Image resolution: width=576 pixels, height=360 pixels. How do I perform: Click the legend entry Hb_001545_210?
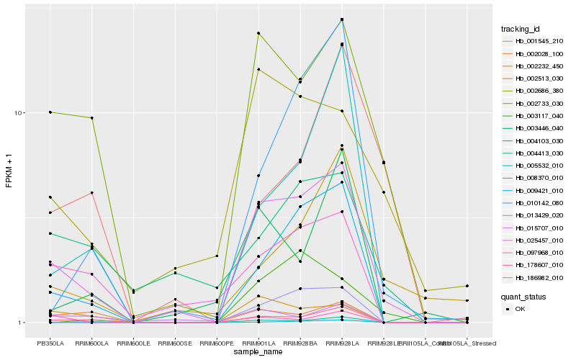tap(539, 41)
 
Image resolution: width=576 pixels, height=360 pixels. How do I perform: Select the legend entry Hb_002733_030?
tap(539, 103)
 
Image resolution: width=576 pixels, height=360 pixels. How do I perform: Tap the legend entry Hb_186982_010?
tap(539, 277)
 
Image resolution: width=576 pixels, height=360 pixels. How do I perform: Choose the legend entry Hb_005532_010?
tap(539, 165)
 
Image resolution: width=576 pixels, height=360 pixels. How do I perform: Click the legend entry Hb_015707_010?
tap(539, 228)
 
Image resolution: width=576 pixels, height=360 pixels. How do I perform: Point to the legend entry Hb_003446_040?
tap(539, 127)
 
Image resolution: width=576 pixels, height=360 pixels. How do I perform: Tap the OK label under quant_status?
tap(520, 308)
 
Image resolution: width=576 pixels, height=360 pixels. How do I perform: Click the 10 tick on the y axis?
tap(20, 113)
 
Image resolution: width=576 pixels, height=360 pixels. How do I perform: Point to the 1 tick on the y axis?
tap(22, 323)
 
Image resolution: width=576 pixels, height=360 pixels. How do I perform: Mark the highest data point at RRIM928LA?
tap(342, 19)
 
